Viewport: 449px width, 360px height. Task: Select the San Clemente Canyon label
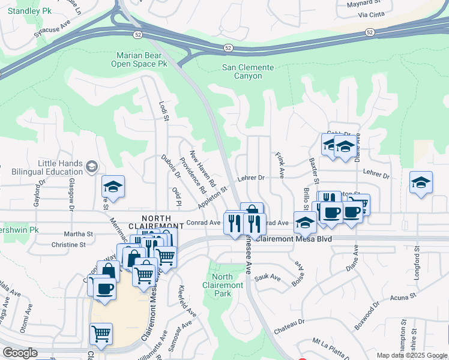(x=248, y=71)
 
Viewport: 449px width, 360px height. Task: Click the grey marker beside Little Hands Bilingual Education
(x=91, y=167)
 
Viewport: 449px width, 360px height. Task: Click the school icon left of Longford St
(x=421, y=182)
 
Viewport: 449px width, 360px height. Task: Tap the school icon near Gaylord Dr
(x=112, y=187)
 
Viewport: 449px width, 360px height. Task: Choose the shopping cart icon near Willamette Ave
(x=101, y=333)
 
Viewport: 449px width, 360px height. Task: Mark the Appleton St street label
(x=214, y=197)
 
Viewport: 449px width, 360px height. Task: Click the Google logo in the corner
(x=20, y=353)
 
